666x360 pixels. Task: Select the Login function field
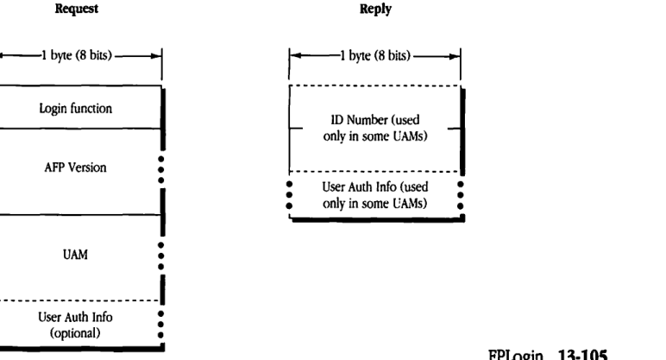(x=79, y=108)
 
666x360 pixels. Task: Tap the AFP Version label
(x=79, y=168)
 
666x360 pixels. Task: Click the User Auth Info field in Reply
(x=375, y=194)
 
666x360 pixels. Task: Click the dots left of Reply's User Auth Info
(x=289, y=195)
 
